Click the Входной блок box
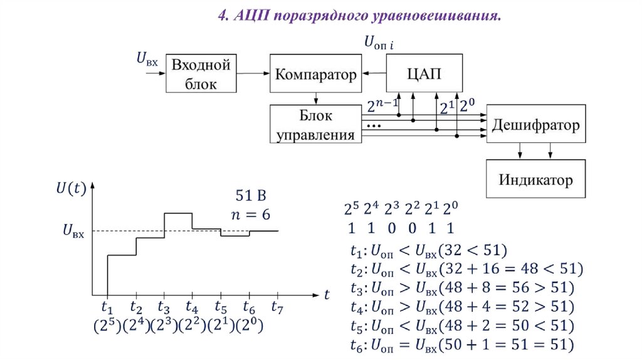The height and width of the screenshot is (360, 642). point(202,74)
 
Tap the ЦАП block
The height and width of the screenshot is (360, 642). point(424,74)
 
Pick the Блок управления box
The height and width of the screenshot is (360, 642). point(315,125)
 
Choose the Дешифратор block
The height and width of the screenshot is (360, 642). point(535,125)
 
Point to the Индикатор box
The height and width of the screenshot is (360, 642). point(535,181)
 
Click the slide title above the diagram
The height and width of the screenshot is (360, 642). point(359,15)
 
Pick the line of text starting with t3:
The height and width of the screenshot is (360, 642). point(463,289)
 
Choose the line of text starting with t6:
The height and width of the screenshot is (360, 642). point(463,344)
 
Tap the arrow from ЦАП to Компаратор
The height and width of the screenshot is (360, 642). point(375,74)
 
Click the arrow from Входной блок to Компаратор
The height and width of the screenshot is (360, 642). point(253,74)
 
